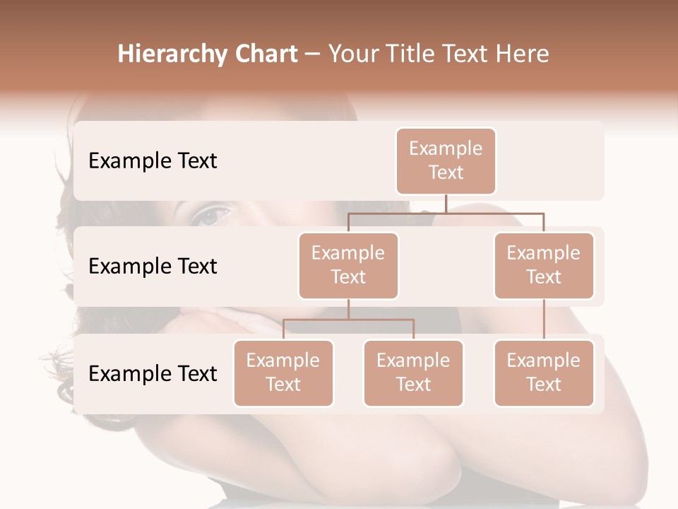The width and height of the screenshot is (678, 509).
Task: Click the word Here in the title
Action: tap(522, 54)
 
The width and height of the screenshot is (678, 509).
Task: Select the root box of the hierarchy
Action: tap(446, 161)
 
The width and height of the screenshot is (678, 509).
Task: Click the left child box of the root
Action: tap(348, 266)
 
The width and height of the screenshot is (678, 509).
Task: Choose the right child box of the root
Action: tap(544, 266)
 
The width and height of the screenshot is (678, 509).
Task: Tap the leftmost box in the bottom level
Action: tap(283, 373)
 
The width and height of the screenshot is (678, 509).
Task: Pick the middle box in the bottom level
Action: tap(413, 373)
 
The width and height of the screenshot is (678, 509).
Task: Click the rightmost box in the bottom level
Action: tap(544, 373)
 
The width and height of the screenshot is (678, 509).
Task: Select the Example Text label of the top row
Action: tap(153, 161)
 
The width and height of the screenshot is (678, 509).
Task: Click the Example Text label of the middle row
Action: tap(153, 267)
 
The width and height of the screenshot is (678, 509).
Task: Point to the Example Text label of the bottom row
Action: tap(153, 373)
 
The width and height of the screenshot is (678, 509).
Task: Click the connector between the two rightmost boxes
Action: tap(544, 320)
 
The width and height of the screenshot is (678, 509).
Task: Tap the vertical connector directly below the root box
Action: tap(446, 204)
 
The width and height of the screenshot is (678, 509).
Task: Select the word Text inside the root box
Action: tap(446, 172)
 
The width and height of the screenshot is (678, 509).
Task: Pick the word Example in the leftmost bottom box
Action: tap(283, 361)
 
